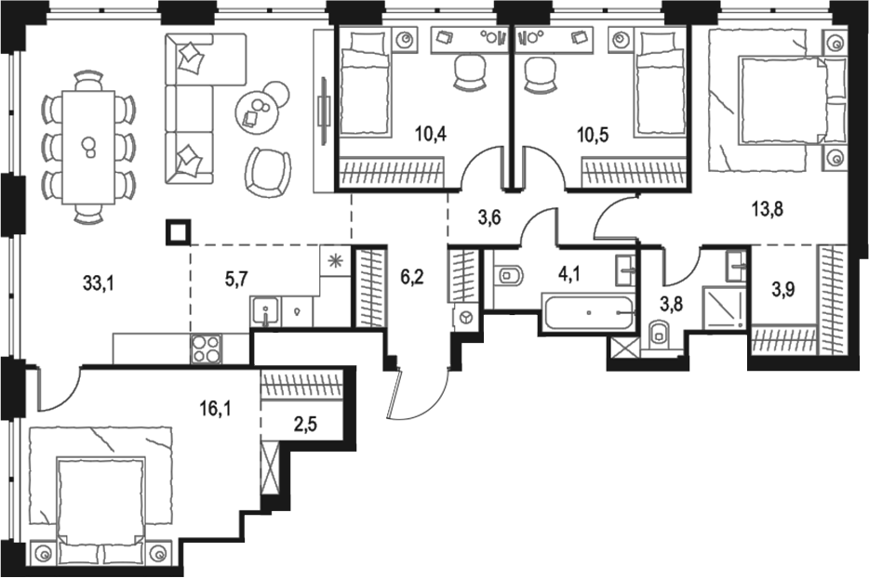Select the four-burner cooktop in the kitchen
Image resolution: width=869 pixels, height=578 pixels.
click(207, 349)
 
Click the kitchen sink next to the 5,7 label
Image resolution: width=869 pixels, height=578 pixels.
click(265, 311)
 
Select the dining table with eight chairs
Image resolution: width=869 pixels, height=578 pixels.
click(87, 147)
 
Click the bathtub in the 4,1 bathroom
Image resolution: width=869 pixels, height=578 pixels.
click(589, 311)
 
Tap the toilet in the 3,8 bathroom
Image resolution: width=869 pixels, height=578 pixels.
click(660, 332)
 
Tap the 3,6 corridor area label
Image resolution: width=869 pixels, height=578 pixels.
click(488, 219)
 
